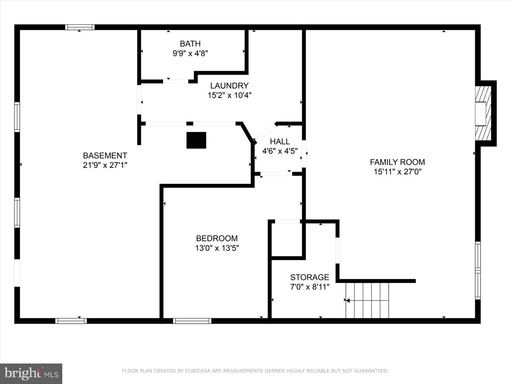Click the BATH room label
click(x=190, y=44)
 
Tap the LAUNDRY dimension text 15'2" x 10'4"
click(x=229, y=95)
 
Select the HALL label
click(x=280, y=141)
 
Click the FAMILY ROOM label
click(x=397, y=162)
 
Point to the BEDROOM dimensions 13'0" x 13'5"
click(x=217, y=248)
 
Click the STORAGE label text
click(x=309, y=277)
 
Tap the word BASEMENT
click(x=105, y=156)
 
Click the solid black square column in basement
click(x=196, y=140)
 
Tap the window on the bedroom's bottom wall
click(x=192, y=321)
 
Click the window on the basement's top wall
click(x=80, y=27)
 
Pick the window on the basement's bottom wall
click(x=71, y=321)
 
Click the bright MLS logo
click(x=31, y=373)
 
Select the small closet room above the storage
click(x=287, y=239)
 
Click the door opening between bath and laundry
click(x=176, y=81)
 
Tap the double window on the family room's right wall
click(x=477, y=270)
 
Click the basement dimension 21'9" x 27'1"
click(x=105, y=165)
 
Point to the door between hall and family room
click(x=304, y=154)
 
